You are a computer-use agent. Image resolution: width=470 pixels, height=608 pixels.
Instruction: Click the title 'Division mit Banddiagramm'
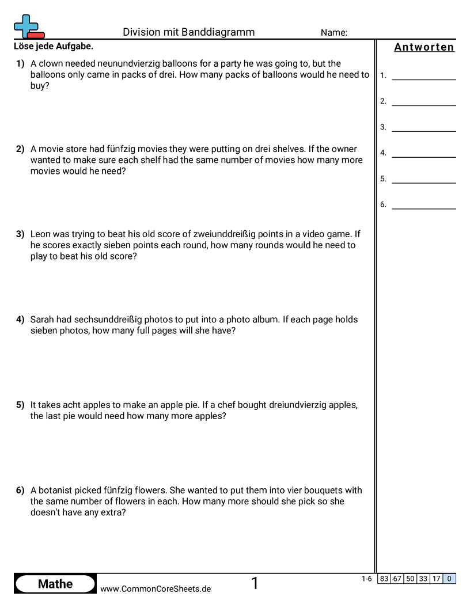(x=188, y=32)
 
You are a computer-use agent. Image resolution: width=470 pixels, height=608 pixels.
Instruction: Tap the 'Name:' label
(x=333, y=33)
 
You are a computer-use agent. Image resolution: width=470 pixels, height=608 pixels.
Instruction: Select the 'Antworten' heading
(x=424, y=47)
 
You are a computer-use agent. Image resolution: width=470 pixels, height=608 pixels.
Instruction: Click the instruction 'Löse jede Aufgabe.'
(x=52, y=46)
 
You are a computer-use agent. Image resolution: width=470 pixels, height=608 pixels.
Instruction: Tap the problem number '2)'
(x=20, y=149)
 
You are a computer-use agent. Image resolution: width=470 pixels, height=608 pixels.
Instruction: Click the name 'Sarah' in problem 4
(x=43, y=320)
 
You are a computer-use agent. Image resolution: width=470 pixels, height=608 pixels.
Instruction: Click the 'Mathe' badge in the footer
(x=55, y=584)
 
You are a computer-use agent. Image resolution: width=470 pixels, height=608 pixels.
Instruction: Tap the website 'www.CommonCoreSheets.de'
(x=156, y=589)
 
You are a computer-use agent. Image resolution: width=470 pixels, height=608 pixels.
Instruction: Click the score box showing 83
(x=384, y=579)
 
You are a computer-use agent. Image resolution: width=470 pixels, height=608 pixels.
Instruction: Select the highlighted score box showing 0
(x=449, y=579)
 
